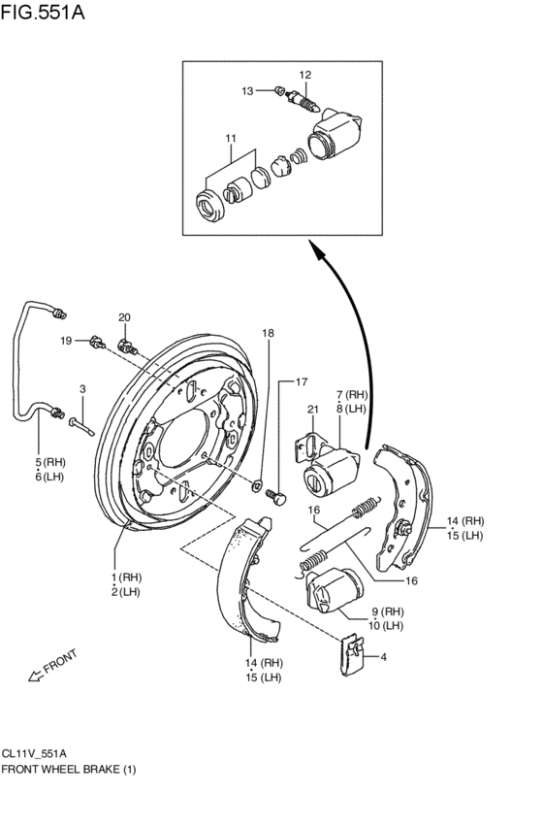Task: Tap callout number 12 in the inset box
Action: [304, 75]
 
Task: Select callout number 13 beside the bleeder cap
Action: [247, 90]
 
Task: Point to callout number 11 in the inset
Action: [231, 139]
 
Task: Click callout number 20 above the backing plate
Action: [124, 317]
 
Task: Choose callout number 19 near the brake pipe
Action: [66, 340]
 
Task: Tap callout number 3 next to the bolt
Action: [82, 389]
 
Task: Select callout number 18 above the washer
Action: [268, 333]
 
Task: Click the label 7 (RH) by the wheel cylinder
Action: [353, 395]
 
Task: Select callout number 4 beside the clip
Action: [384, 657]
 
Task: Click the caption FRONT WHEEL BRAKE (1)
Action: [69, 769]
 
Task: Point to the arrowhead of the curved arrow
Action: [316, 249]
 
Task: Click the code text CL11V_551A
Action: [34, 752]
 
